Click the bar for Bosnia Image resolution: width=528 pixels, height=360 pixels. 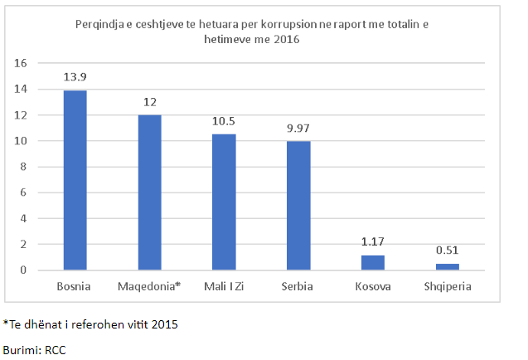75,180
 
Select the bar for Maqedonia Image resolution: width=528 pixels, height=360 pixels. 149,192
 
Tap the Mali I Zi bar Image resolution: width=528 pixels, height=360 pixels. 224,202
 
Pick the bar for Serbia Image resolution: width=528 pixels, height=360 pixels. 298,206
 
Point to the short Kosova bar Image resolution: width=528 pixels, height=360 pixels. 373,263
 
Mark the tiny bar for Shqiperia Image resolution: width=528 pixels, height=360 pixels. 448,267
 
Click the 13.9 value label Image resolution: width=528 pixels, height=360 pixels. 75,76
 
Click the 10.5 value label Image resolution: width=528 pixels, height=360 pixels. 224,120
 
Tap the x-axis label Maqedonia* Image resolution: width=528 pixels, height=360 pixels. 149,287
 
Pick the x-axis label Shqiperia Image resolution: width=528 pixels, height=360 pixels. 448,287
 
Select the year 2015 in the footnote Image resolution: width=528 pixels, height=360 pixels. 163,324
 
